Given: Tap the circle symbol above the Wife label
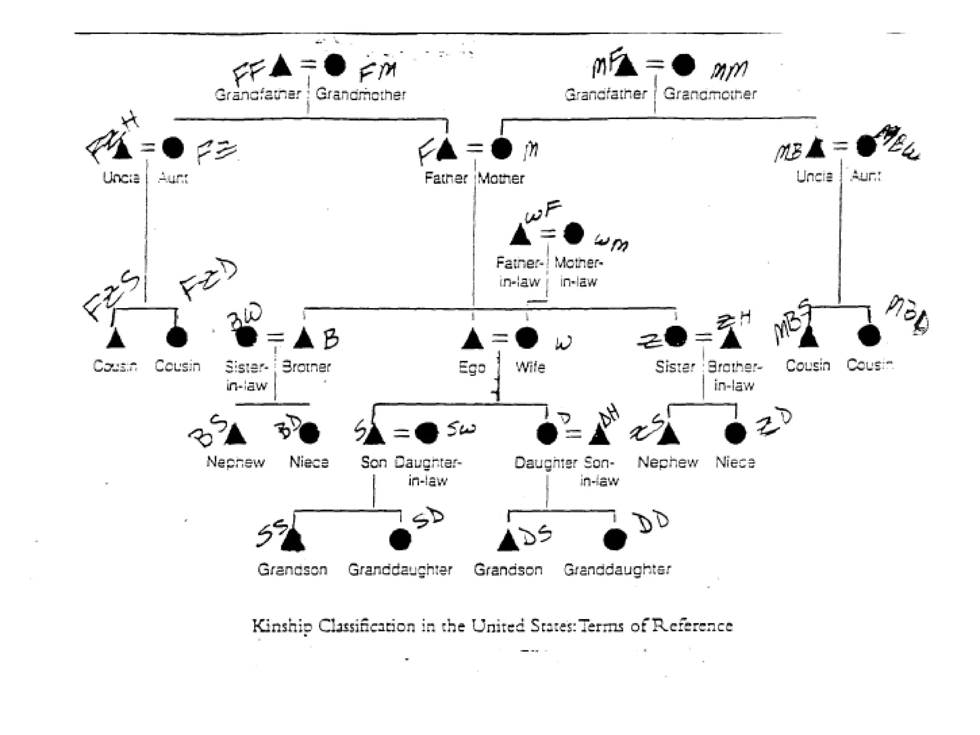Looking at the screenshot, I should pyautogui.click(x=526, y=338).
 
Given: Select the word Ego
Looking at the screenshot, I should pyautogui.click(x=472, y=367).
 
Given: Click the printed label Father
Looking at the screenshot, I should pyautogui.click(x=445, y=178).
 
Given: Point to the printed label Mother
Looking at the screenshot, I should pyautogui.click(x=501, y=178).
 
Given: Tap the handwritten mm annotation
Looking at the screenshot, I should pyautogui.click(x=728, y=71).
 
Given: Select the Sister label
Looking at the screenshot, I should pyautogui.click(x=675, y=367).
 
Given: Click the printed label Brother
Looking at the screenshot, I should pyautogui.click(x=306, y=367).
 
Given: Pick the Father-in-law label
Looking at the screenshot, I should pyautogui.click(x=519, y=272).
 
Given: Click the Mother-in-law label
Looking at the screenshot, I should pyautogui.click(x=579, y=272).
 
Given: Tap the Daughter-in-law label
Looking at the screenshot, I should pyautogui.click(x=427, y=471).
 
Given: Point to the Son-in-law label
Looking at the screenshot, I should pyautogui.click(x=599, y=471).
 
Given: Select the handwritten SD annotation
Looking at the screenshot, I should pyautogui.click(x=428, y=519).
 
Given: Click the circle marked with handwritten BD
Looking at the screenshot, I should pyautogui.click(x=309, y=434).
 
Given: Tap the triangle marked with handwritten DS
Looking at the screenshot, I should pyautogui.click(x=508, y=540).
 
